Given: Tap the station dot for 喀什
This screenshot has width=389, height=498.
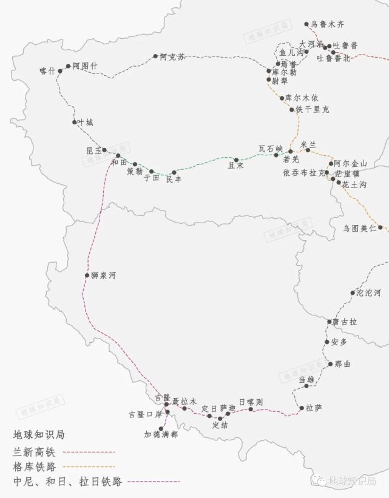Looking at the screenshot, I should click(60, 71).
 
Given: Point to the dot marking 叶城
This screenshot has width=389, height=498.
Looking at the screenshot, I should click(74, 123).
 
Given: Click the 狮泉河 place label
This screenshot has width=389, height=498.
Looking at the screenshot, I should click(104, 275).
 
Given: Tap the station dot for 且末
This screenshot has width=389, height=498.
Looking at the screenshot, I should click(237, 160).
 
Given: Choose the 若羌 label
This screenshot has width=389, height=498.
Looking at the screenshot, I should click(292, 159).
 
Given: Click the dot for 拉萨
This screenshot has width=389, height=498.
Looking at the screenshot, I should click(302, 408).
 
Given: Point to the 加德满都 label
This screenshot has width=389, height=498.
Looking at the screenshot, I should click(161, 434).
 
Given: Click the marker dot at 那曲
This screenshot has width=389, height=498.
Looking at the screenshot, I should click(330, 364).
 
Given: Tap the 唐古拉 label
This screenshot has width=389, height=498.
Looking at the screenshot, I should click(345, 321).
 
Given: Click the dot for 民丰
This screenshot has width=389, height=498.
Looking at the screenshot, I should click(174, 172).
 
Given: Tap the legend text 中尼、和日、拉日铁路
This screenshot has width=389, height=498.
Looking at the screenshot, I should click(67, 482).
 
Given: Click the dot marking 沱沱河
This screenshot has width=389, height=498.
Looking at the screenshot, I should click(353, 293).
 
